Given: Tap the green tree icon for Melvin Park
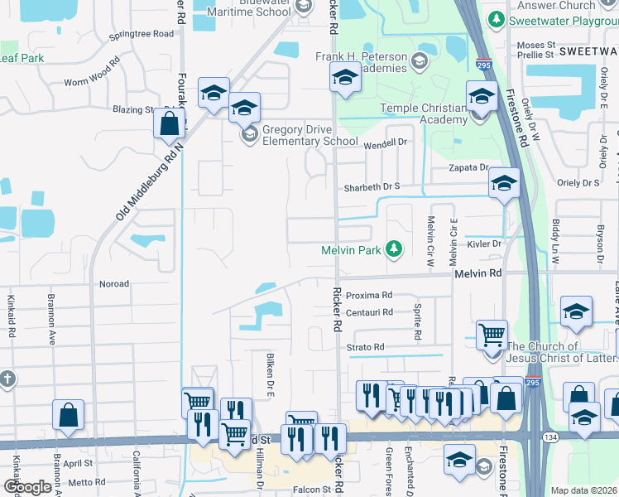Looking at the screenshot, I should tap(396, 248).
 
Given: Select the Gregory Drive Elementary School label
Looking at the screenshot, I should tap(310, 135).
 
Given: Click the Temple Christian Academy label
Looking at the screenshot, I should tap(424, 113).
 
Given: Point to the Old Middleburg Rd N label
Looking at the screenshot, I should tap(149, 179).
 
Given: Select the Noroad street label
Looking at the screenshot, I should tap(114, 284).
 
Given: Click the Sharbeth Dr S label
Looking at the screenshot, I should tap(372, 186).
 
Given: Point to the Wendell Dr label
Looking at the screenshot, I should tap(386, 142).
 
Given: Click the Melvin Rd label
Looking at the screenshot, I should tap(477, 273).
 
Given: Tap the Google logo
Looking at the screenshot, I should tap(27, 487).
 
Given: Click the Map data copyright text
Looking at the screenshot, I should tap(583, 490).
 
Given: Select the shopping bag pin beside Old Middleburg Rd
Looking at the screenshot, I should tap(169, 124).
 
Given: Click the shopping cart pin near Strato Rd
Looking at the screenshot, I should tap(492, 335).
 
